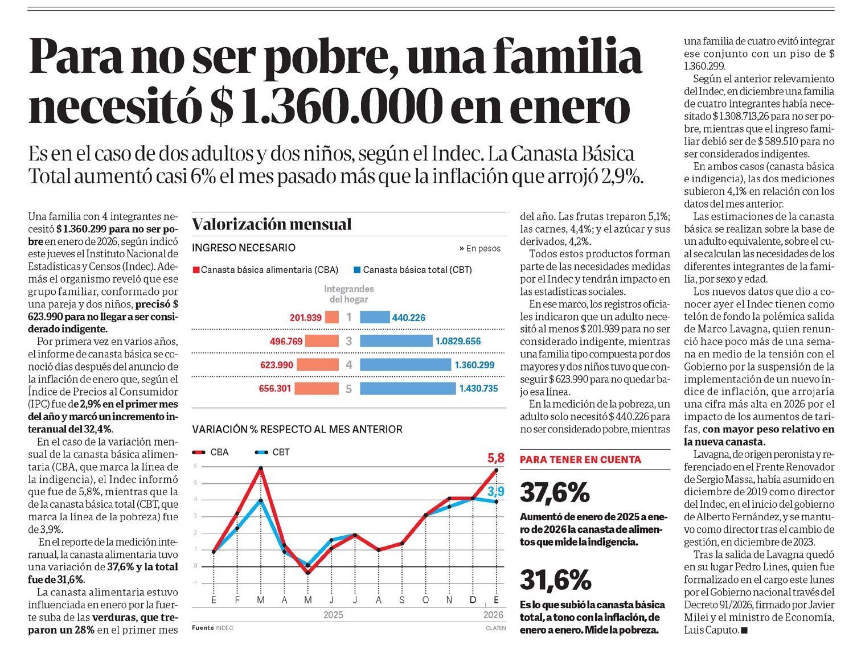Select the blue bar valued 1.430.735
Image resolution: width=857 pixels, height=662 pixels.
point(408,389)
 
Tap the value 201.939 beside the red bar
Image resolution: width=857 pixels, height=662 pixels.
point(306,318)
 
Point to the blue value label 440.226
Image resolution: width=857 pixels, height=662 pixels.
point(408,318)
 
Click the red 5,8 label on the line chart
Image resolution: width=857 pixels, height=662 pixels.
point(495,458)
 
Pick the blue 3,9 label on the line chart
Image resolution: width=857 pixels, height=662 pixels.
point(496,491)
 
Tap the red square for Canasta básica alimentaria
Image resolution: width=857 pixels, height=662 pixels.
point(196,270)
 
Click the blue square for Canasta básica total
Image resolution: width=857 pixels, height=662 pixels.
point(357,270)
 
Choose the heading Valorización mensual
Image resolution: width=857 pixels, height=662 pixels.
point(272,224)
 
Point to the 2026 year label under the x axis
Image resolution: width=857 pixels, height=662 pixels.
point(493,615)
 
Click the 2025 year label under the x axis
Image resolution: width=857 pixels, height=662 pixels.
point(333,615)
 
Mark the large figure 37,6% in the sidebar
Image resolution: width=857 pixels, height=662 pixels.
point(555,492)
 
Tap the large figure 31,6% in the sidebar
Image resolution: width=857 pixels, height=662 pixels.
point(555,580)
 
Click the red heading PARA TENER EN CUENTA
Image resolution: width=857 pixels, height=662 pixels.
point(581,459)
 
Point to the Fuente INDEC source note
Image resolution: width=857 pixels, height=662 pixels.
point(212,628)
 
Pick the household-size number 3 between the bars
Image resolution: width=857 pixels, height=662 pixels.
point(349,342)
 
